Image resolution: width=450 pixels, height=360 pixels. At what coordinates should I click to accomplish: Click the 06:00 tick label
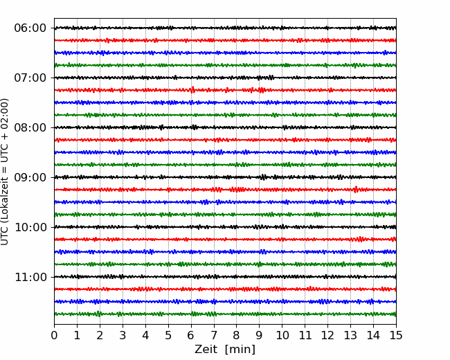pos(30,28)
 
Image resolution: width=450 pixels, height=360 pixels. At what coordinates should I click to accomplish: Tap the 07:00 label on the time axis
pos(30,78)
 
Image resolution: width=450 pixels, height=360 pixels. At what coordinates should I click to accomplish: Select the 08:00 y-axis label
pos(30,127)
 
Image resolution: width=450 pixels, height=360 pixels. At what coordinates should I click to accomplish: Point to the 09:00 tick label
pos(30,177)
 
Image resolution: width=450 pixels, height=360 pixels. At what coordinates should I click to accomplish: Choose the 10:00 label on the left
pos(30,227)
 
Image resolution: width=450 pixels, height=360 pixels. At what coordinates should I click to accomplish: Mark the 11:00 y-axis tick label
pos(30,277)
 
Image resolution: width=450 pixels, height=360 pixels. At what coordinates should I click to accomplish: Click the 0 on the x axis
pos(54,335)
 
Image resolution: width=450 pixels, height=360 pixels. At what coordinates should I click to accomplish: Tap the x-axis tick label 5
pos(168,335)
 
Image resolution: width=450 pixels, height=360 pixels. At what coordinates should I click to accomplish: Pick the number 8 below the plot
pos(237,335)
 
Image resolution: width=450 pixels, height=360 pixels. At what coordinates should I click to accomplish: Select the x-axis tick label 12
pos(327,335)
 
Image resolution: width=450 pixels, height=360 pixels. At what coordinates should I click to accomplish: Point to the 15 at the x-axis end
pos(396,335)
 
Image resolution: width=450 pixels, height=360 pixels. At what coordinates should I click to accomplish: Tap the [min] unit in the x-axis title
pos(240,350)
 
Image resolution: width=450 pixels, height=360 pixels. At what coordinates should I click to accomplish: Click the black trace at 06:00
pos(225,28)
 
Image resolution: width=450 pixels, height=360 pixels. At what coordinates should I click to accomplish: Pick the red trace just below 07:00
pos(225,90)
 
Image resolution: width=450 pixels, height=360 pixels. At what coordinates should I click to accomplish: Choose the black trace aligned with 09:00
pos(225,177)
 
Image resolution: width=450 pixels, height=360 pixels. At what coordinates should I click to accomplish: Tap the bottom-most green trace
pos(225,314)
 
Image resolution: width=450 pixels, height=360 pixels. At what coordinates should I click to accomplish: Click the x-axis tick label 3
pos(123,335)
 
